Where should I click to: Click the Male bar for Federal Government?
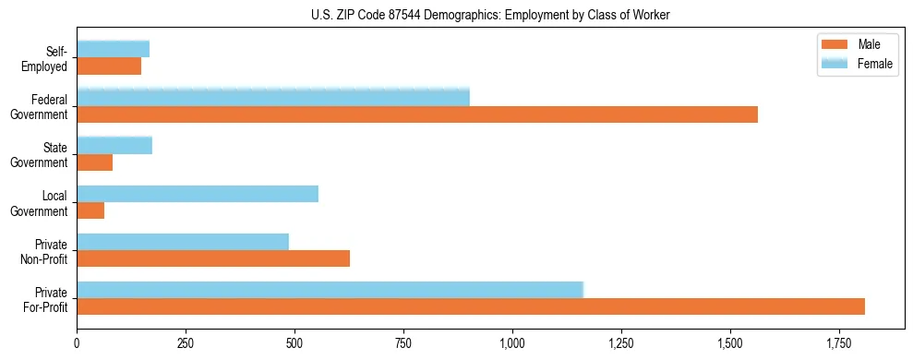tap(417, 114)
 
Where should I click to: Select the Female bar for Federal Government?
tap(273, 97)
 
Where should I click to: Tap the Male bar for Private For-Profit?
tap(471, 306)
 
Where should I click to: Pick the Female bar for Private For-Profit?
tap(330, 289)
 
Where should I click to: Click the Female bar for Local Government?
tap(198, 193)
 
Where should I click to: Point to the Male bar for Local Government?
tap(90, 210)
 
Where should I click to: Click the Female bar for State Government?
tap(114, 145)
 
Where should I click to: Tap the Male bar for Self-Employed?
tap(109, 66)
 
